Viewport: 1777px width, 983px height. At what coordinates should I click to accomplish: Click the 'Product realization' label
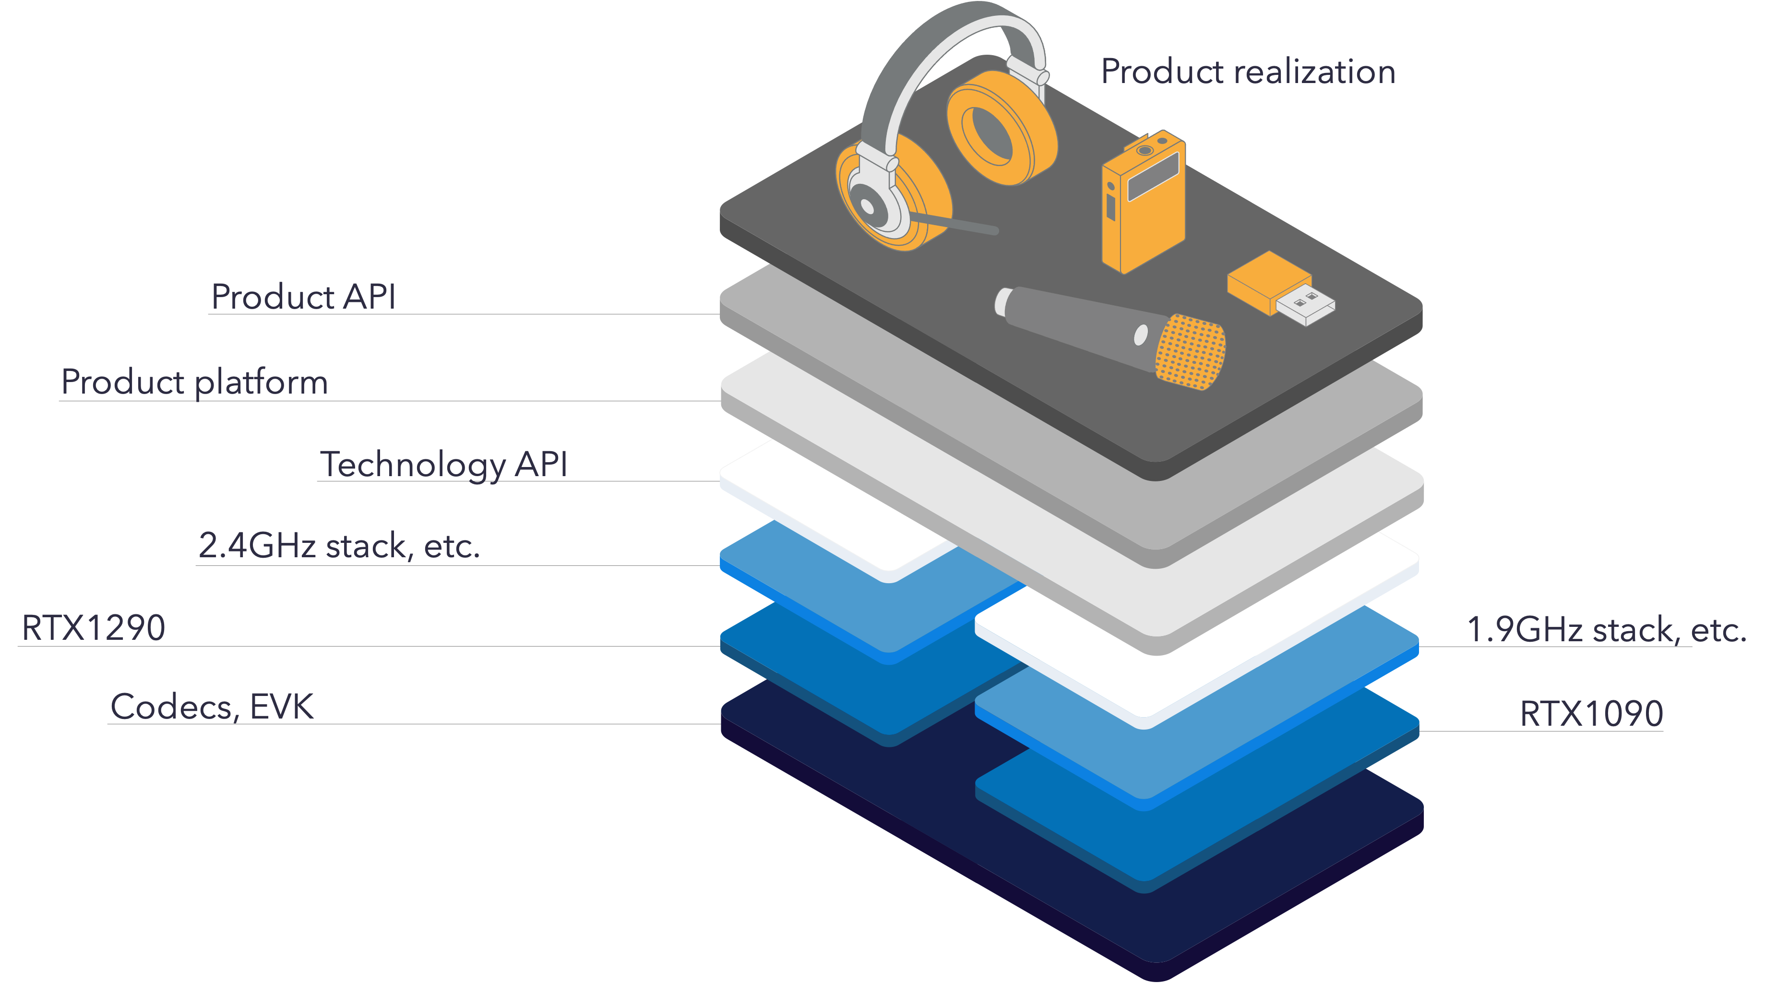pyautogui.click(x=1247, y=72)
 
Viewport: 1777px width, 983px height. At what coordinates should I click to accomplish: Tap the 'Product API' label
pyautogui.click(x=303, y=297)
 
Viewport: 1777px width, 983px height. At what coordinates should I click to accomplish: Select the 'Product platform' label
pyautogui.click(x=194, y=382)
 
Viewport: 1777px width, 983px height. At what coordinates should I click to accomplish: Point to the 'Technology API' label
pyautogui.click(x=443, y=464)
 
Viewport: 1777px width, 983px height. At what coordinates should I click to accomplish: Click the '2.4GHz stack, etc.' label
pyautogui.click(x=339, y=546)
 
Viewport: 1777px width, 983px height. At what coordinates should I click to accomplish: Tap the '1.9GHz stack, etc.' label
pyautogui.click(x=1606, y=629)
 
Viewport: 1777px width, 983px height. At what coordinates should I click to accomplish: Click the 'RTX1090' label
pyautogui.click(x=1591, y=713)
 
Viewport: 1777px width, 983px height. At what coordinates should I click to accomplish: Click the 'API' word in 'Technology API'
pyautogui.click(x=541, y=464)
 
